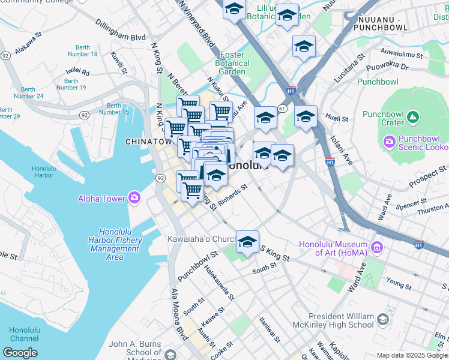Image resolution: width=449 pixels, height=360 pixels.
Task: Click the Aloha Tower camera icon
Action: tap(133, 198)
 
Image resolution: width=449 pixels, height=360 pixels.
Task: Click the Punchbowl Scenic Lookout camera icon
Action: tap(388, 142)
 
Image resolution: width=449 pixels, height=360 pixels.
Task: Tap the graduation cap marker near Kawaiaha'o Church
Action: tap(247, 242)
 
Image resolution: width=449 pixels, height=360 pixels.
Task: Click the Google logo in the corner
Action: tap(20, 352)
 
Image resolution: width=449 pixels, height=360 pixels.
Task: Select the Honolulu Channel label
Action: tap(24, 334)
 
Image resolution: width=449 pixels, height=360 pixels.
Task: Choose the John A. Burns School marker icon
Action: tap(170, 354)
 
